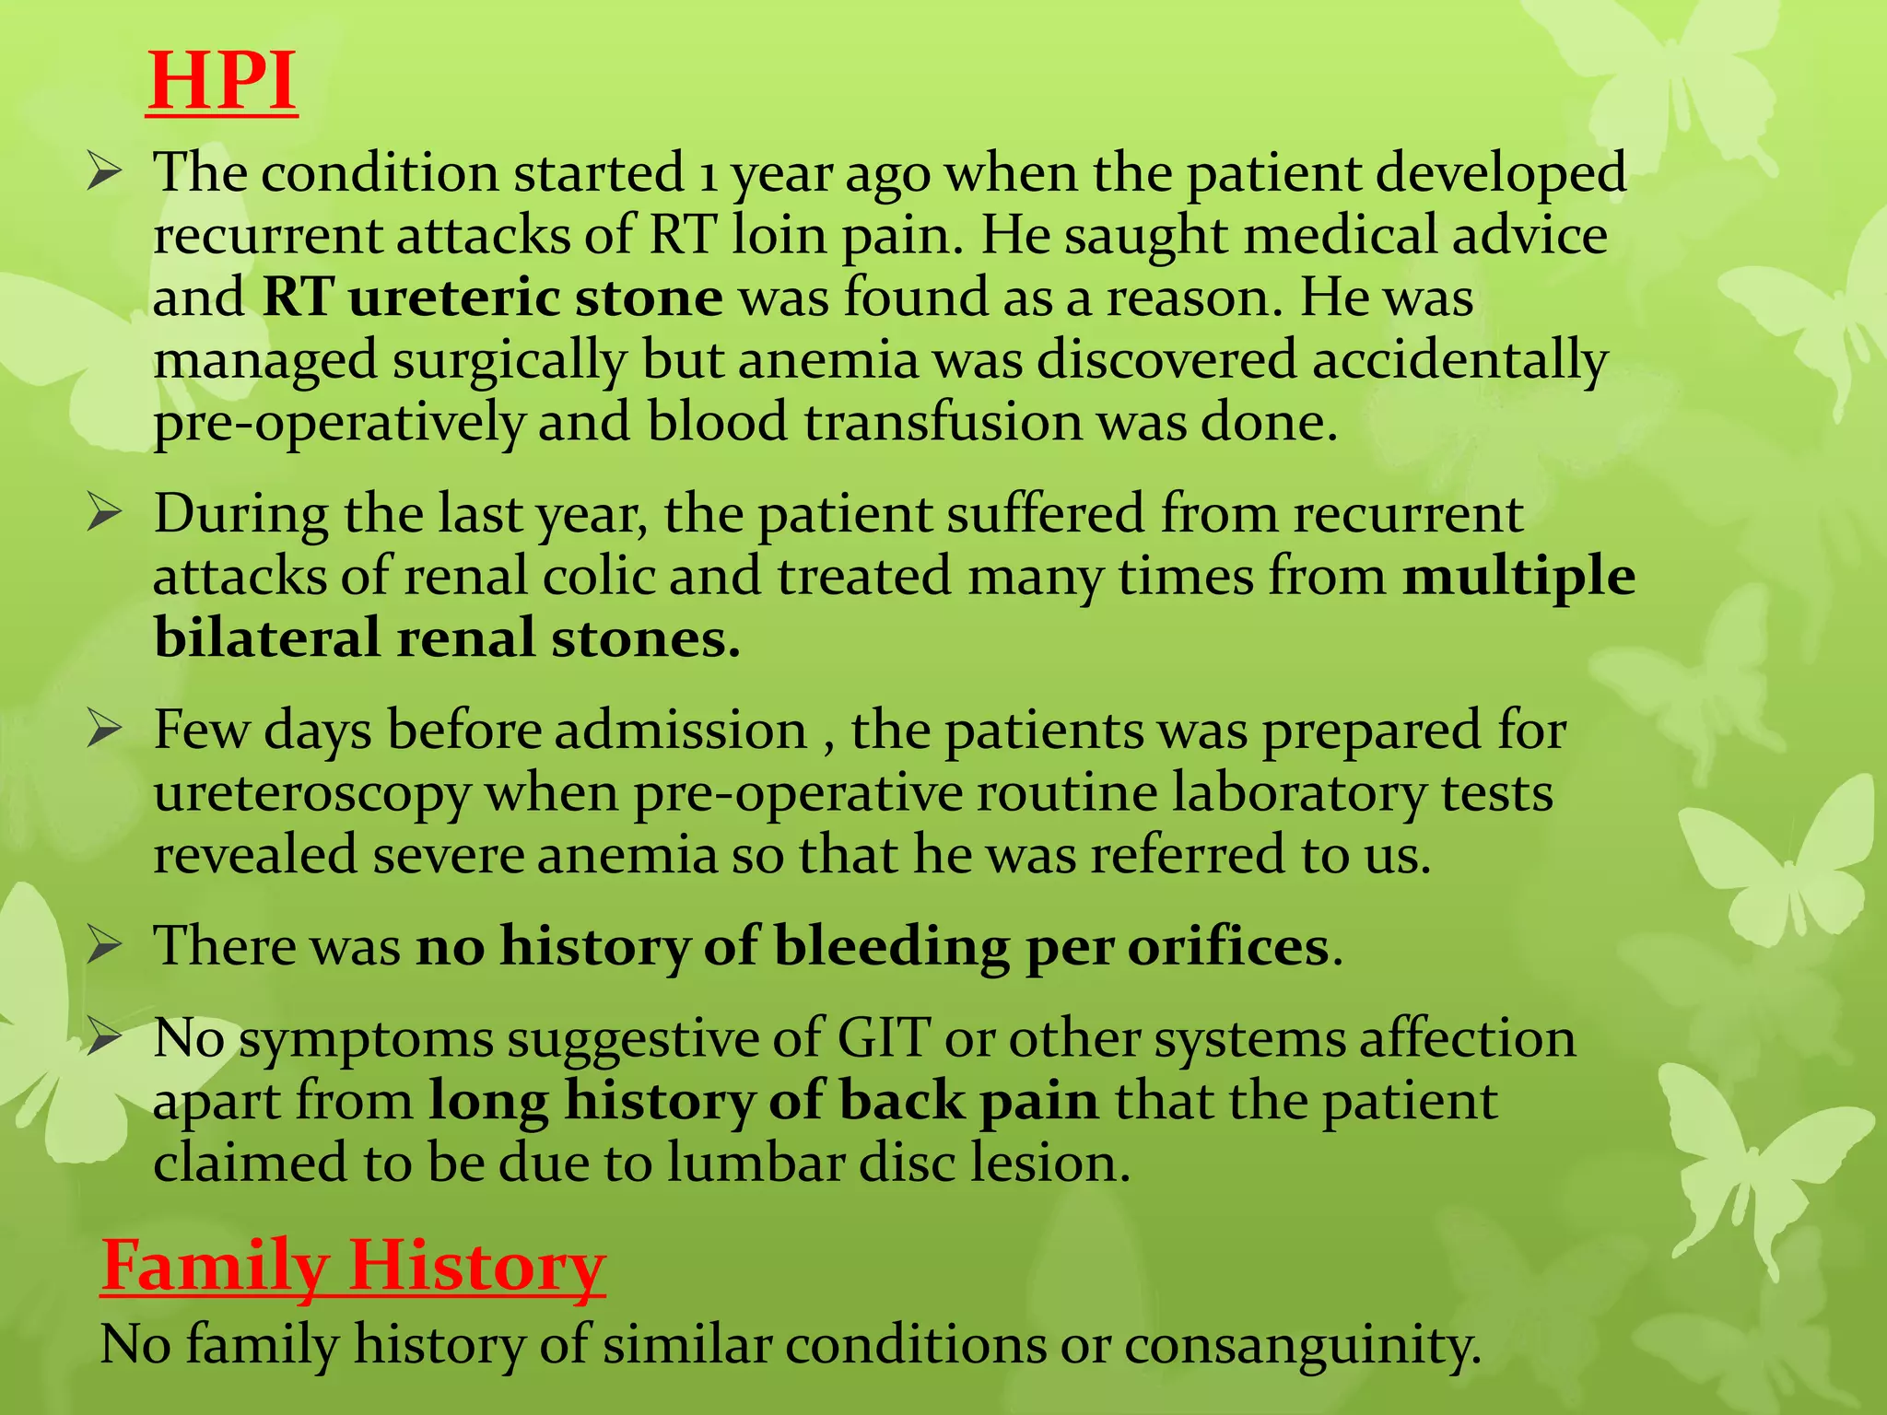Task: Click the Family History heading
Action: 353,1266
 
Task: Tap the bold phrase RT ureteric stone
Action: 492,298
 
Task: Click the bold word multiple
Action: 1518,578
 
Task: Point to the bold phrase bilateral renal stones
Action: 447,638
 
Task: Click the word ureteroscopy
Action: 311,794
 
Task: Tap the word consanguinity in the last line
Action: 1301,1345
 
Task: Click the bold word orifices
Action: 1227,946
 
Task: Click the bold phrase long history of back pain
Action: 763,1101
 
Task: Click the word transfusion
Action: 942,423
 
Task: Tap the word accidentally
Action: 1459,360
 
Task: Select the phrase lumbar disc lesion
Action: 898,1164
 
